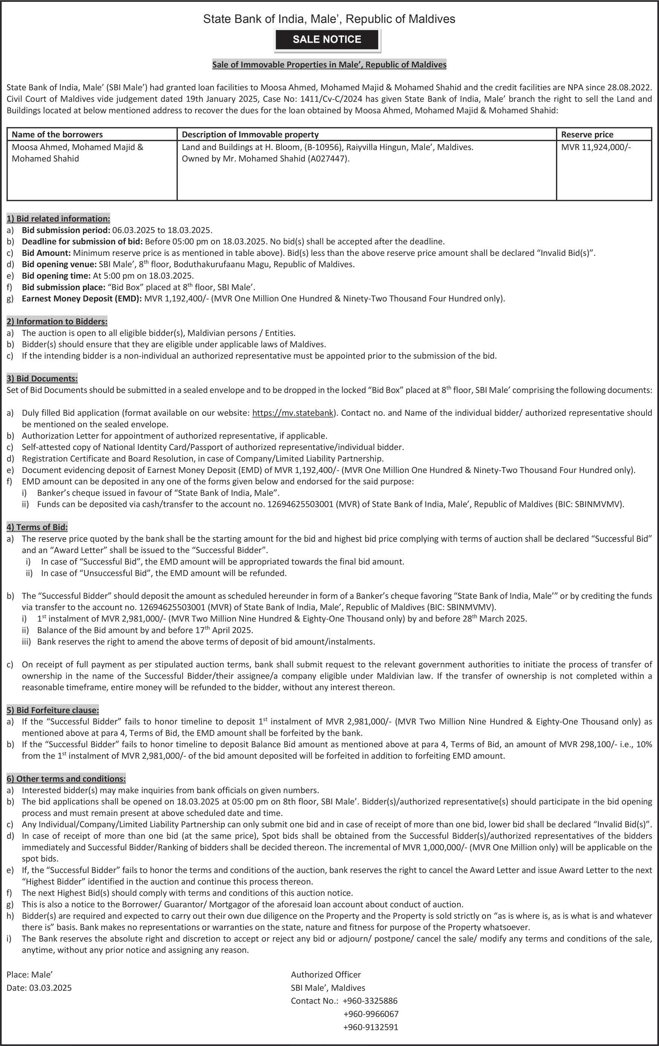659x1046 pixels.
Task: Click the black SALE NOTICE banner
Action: [327, 40]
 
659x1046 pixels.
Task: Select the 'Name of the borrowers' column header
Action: [57, 135]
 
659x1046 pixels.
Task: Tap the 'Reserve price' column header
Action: [587, 135]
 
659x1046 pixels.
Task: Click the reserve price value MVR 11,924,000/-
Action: [596, 147]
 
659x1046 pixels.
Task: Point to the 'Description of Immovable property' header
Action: [250, 135]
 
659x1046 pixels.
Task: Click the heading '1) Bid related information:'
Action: [58, 218]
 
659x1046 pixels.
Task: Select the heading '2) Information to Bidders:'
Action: [57, 321]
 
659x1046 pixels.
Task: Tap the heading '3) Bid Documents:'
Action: [42, 378]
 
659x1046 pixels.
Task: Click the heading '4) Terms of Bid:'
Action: [37, 527]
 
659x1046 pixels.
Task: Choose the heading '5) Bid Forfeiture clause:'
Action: [53, 710]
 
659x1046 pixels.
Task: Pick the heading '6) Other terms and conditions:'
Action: [66, 779]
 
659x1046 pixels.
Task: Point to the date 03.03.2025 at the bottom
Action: [50, 987]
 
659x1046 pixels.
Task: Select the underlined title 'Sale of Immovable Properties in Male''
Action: [329, 65]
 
